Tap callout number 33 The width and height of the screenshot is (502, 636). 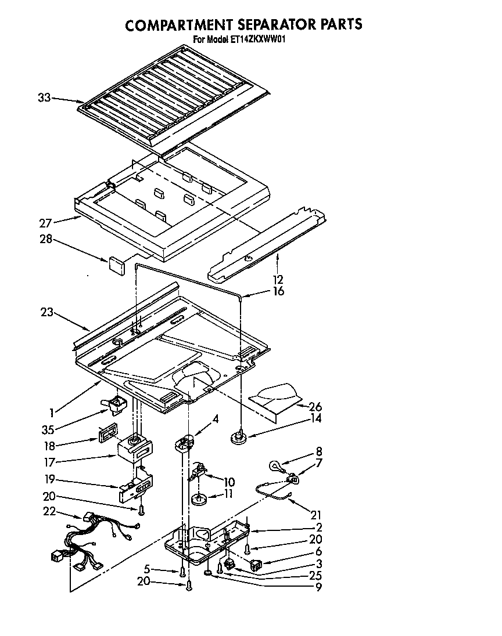[x=44, y=98]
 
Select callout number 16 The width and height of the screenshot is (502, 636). [x=278, y=291]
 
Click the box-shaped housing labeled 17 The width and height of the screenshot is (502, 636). [x=135, y=449]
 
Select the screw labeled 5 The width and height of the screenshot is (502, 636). [x=183, y=572]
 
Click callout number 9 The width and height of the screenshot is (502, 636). [x=319, y=587]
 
